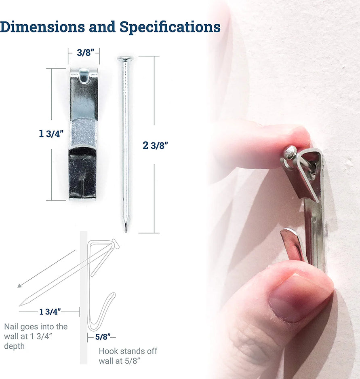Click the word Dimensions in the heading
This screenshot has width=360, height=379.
[42, 27]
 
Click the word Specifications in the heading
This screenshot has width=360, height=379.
[170, 27]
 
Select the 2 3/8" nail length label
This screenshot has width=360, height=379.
[155, 146]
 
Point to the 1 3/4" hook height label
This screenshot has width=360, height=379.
[51, 133]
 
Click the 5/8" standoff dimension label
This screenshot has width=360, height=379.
[103, 337]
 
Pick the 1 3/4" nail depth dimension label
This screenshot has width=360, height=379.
[50, 312]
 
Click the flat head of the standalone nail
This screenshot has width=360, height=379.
[125, 59]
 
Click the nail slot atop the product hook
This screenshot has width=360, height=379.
[84, 75]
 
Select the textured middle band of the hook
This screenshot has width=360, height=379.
[84, 133]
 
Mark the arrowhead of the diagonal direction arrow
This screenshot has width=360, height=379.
[19, 286]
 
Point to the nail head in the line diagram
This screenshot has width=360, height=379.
[116, 244]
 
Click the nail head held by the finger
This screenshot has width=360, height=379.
[289, 152]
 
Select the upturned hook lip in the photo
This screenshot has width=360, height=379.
[293, 244]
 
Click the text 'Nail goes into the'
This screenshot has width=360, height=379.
[36, 326]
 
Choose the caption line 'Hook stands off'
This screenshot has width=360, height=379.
[128, 351]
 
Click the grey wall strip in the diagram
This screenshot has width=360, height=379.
[84, 298]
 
